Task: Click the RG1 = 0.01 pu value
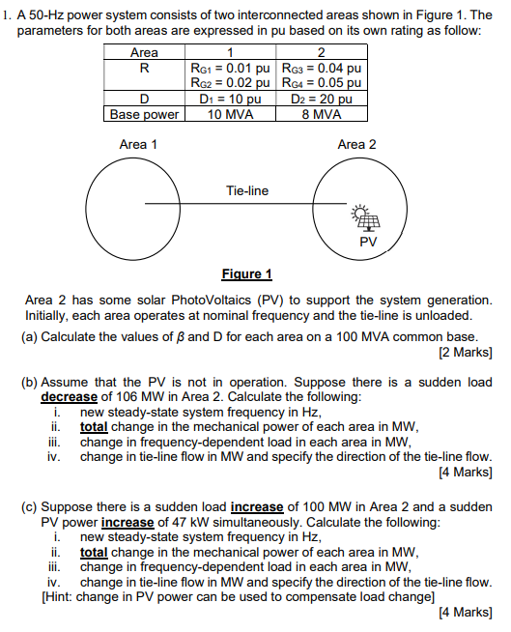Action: pyautogui.click(x=230, y=70)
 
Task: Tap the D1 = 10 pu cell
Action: pyautogui.click(x=230, y=99)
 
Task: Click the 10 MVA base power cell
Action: pyautogui.click(x=230, y=113)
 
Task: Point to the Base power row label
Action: pyautogui.click(x=145, y=113)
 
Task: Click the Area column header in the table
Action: pyautogui.click(x=145, y=54)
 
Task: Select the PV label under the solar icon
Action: pyautogui.click(x=366, y=240)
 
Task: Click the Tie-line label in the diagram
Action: pyautogui.click(x=246, y=190)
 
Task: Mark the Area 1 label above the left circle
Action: pyautogui.click(x=138, y=144)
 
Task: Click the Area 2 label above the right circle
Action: pyautogui.click(x=356, y=144)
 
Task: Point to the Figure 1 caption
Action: pyautogui.click(x=247, y=273)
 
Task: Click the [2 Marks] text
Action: pyautogui.click(x=466, y=350)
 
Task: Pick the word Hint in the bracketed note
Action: pyautogui.click(x=66, y=595)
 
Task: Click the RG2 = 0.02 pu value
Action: pyautogui.click(x=230, y=84)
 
